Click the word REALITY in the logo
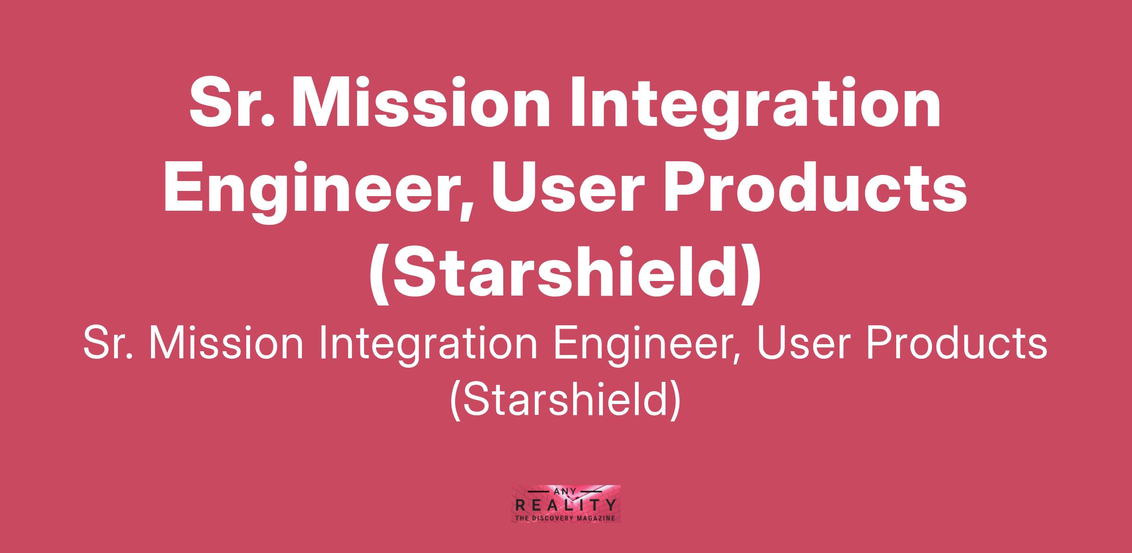click(566, 506)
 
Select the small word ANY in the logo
click(566, 491)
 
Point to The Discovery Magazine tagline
click(566, 518)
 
